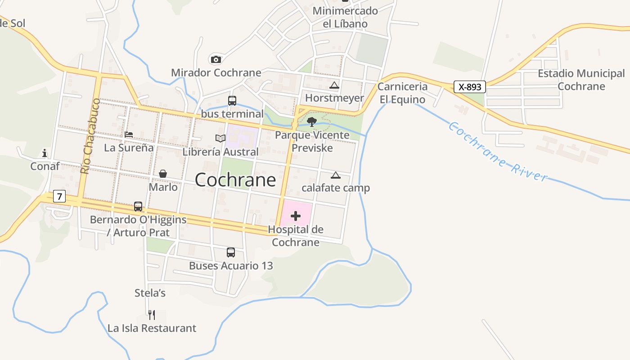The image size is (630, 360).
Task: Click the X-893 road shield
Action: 470,87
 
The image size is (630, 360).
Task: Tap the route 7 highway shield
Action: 59,196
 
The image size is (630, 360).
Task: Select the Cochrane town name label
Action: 235,180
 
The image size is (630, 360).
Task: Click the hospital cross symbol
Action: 296,216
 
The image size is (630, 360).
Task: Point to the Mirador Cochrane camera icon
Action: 216,59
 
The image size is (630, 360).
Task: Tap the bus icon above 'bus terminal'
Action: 232,101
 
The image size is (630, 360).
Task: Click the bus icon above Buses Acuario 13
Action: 231,252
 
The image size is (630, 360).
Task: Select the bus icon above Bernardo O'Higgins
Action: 138,207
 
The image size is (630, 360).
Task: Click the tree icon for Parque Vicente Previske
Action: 311,121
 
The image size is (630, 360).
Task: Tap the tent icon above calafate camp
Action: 336,175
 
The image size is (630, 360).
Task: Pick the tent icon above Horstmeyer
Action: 334,85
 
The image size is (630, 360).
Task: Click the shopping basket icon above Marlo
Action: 163,174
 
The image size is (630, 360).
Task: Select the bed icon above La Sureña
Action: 129,135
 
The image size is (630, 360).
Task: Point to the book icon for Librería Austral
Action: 220,138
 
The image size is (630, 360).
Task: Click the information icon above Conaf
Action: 45,153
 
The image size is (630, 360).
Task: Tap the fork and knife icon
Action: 152,315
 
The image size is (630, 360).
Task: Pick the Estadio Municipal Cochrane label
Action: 581,80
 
